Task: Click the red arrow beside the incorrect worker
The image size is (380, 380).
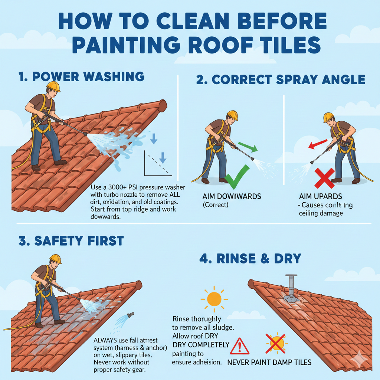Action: tap(318, 144)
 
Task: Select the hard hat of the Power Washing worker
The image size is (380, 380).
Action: tap(53, 86)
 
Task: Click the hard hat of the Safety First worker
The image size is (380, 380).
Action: tap(55, 258)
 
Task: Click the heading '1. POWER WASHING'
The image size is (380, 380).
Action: tap(81, 76)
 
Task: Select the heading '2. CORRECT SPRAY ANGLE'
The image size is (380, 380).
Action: tap(281, 79)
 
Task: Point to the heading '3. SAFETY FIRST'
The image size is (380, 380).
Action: tap(71, 240)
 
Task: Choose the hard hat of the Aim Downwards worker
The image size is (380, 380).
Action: tap(232, 115)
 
